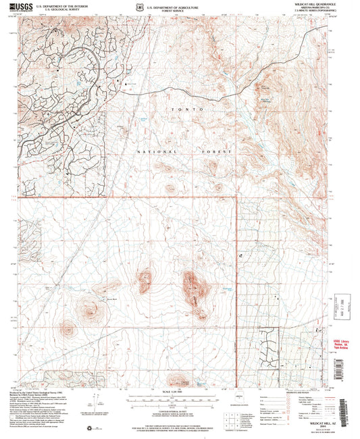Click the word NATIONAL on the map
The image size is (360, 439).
click(152, 153)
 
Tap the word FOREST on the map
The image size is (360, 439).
click(216, 153)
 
